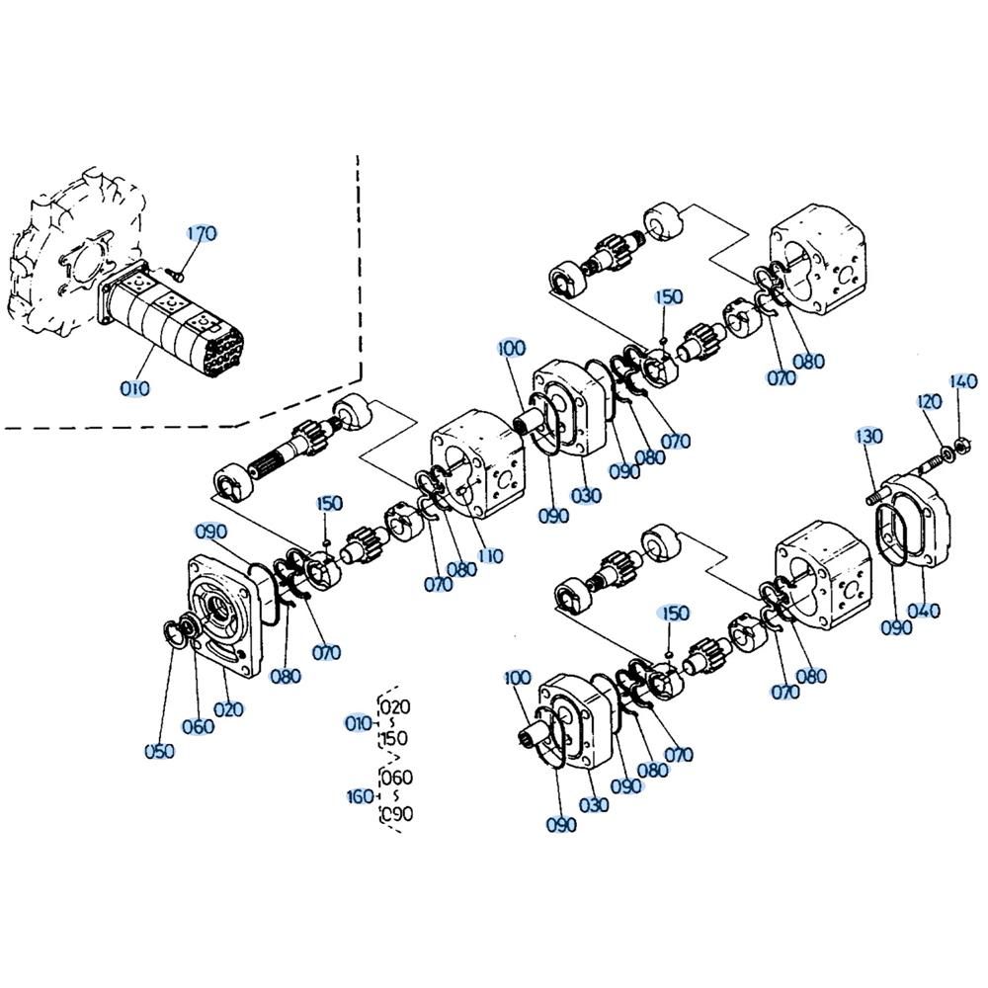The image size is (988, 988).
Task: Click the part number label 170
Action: [202, 234]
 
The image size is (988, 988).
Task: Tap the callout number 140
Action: [963, 381]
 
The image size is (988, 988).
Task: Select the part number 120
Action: [929, 401]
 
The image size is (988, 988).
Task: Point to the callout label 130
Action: [868, 436]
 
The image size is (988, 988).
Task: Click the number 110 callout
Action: [491, 555]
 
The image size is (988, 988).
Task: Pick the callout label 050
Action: [159, 751]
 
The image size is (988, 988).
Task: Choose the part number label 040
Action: [924, 611]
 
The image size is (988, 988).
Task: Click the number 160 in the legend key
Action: [360, 796]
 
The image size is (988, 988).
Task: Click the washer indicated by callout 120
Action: [947, 452]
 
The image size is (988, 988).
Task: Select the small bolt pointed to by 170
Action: [177, 273]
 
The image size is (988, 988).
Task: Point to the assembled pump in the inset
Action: [170, 324]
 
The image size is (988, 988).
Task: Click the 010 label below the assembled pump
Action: [134, 388]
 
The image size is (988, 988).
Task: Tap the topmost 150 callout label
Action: [669, 296]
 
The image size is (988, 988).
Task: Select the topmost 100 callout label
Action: [511, 348]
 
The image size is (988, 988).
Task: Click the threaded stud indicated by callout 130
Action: [874, 497]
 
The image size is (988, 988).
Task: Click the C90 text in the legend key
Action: [397, 813]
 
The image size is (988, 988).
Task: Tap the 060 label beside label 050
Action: [198, 726]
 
